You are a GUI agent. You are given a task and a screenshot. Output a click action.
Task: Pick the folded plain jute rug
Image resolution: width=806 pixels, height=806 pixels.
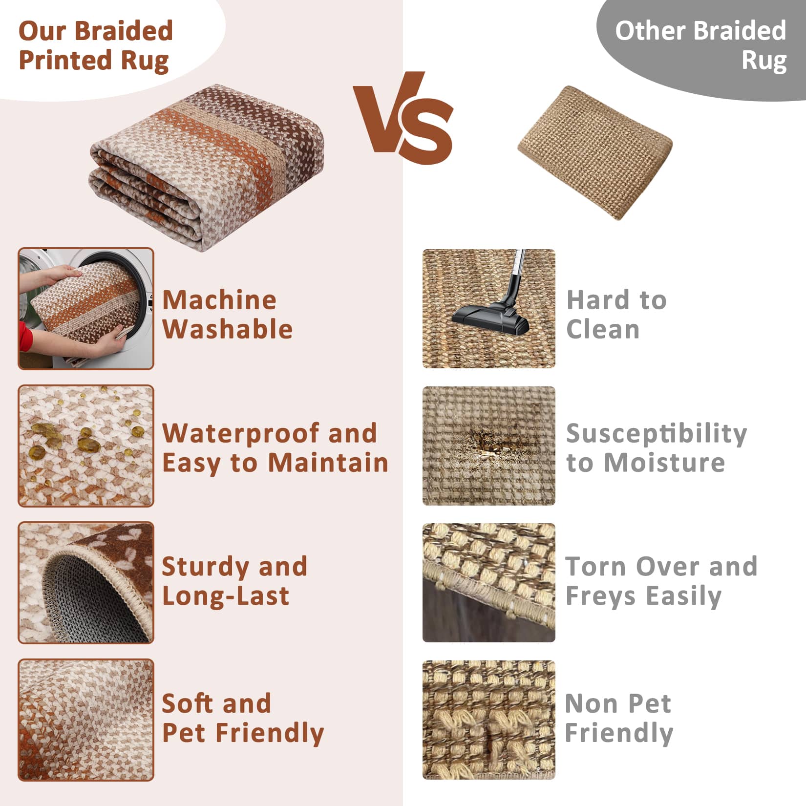click(595, 152)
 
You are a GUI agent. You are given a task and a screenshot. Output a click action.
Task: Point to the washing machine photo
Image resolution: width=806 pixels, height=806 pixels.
click(86, 309)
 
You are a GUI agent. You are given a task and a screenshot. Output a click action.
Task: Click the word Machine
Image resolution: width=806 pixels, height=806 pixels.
click(219, 299)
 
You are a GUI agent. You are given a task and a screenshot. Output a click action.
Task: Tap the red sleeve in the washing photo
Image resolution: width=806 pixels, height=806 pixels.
click(25, 337)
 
